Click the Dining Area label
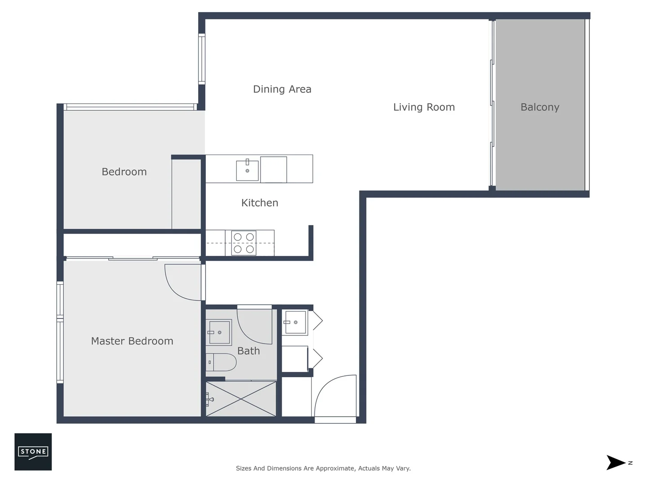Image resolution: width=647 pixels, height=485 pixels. coord(282,89)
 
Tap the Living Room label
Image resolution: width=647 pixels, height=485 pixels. coord(424,107)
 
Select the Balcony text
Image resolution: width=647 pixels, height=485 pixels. coord(540,107)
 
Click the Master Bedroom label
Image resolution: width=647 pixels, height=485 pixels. coord(132,341)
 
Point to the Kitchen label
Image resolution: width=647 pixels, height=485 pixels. coord(259,203)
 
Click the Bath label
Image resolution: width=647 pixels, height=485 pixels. coord(248,351)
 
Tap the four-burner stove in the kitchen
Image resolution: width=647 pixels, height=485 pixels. coord(244,243)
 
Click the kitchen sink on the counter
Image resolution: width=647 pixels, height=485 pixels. coord(247,171)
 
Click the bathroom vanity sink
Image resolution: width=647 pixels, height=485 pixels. coord(219,332)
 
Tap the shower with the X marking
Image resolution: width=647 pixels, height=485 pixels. coord(241,399)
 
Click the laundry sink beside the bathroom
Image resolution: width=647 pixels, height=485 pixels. coord(295,322)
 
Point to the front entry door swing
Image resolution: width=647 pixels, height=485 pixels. coord(335,397)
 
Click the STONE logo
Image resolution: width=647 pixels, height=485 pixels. coord(33,452)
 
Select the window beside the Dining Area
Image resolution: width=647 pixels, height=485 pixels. coord(202,59)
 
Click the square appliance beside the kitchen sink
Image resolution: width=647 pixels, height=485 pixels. coord(273,169)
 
